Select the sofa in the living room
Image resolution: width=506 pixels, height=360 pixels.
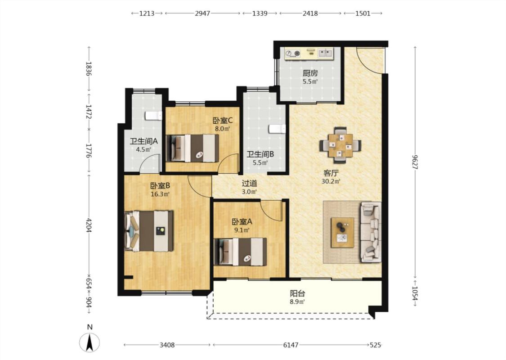coord(371,231)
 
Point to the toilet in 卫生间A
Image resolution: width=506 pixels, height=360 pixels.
coord(153,116)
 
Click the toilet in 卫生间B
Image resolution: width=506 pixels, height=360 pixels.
coord(277,129)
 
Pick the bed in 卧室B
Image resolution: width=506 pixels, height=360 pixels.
coord(149,231)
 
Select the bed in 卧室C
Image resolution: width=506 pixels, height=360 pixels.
coord(193,148)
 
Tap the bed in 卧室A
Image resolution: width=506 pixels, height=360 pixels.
coord(241,252)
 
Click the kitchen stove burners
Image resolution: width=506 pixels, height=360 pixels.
coord(293,53)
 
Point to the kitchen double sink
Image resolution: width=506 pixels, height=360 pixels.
coord(325,53)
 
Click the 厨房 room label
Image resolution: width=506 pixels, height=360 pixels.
coord(310,73)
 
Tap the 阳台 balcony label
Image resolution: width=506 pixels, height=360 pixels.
coord(298,294)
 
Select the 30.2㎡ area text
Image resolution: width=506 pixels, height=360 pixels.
coord(331,181)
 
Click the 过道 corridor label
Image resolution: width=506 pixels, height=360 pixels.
coord(250,184)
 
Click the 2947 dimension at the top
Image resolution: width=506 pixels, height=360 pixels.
coord(202,13)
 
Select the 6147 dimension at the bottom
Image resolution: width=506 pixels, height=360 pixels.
coord(291,345)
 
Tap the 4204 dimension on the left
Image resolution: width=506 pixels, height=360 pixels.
coord(90,225)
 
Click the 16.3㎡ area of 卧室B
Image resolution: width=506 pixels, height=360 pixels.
coord(160,194)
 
